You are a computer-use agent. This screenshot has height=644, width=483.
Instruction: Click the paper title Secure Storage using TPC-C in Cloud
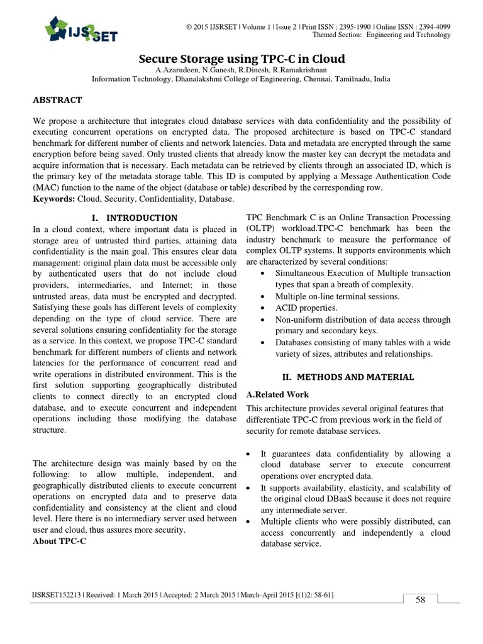click(241, 59)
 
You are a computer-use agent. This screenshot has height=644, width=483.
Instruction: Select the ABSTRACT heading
click(57, 100)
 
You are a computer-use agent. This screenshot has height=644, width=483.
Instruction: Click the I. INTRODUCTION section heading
click(135, 218)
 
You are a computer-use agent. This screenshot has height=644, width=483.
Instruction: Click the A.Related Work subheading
click(277, 395)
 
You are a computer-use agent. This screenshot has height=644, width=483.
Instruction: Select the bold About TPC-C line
click(59, 541)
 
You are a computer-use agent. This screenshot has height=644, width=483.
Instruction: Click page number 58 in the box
click(420, 599)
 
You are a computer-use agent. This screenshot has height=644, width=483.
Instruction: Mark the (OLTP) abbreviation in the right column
click(263, 228)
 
